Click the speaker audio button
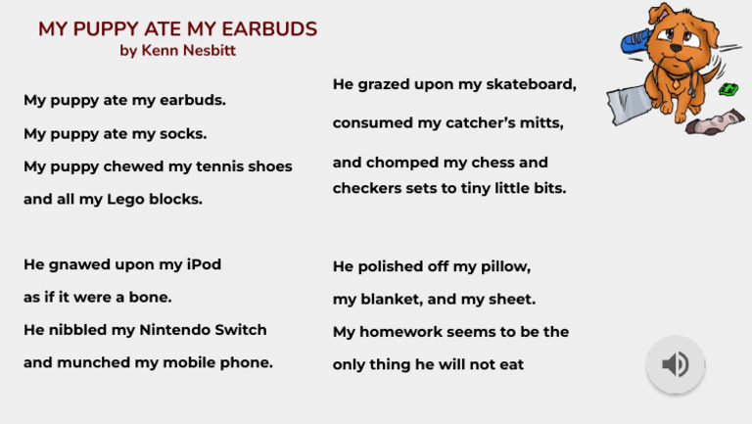click(x=675, y=365)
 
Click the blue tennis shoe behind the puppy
click(x=638, y=39)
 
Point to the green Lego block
click(x=728, y=90)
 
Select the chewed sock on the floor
click(x=715, y=124)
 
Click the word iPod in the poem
click(x=204, y=264)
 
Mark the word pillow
click(x=503, y=266)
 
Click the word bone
click(x=151, y=297)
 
